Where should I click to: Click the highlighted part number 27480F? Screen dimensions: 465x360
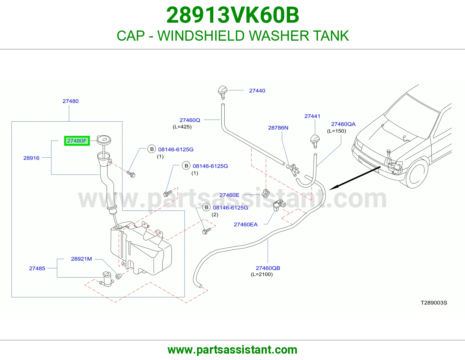pyautogui.click(x=77, y=141)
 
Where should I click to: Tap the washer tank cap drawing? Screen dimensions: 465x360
pyautogui.click(x=104, y=140)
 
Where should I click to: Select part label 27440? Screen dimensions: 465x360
pyautogui.click(x=257, y=91)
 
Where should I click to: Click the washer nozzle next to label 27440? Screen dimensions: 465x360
pyautogui.click(x=223, y=92)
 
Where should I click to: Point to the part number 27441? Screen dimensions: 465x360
pyautogui.click(x=312, y=116)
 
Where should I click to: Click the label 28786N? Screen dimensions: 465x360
pyautogui.click(x=278, y=128)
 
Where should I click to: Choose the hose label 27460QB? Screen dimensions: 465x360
pyautogui.click(x=268, y=268)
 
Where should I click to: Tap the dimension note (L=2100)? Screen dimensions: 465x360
pyautogui.click(x=262, y=274)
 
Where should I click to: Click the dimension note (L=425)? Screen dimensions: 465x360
pyautogui.click(x=182, y=127)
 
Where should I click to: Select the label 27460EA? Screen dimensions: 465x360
pyautogui.click(x=246, y=224)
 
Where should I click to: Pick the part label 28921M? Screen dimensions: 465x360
pyautogui.click(x=81, y=259)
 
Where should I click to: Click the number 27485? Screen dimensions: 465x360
pyautogui.click(x=37, y=269)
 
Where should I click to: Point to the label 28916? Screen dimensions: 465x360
pyautogui.click(x=31, y=158)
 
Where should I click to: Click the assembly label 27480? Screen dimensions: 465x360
pyautogui.click(x=70, y=101)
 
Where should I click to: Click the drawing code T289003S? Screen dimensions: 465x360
pyautogui.click(x=434, y=303)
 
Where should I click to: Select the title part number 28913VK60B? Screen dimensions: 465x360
pyautogui.click(x=233, y=15)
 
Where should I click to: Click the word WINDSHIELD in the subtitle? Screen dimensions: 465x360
pyautogui.click(x=201, y=36)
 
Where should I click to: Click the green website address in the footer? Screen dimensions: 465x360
pyautogui.click(x=233, y=350)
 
